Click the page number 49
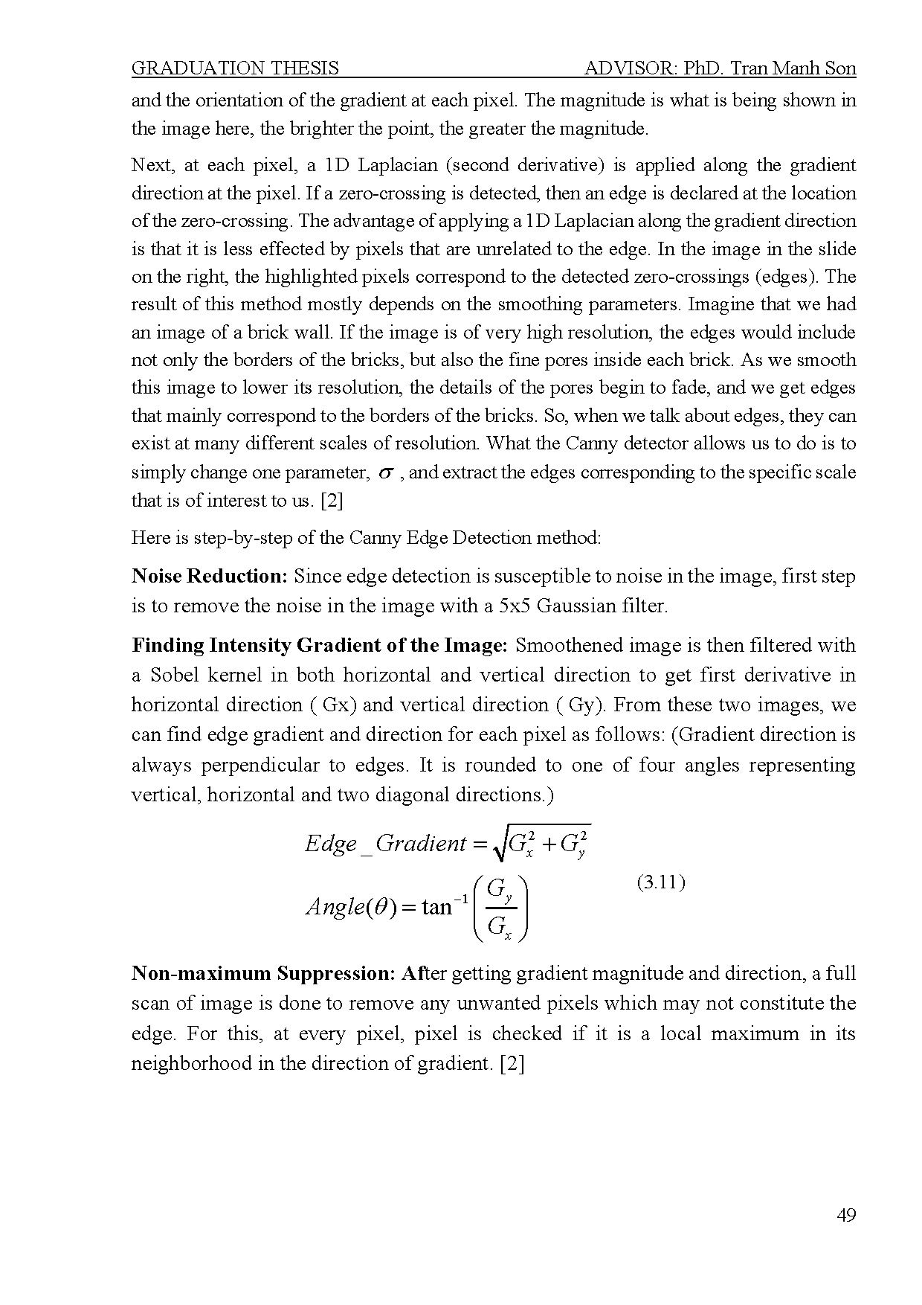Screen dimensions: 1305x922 coord(846,1216)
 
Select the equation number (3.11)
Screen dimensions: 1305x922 coord(661,882)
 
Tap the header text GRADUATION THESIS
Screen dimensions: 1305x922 coord(235,68)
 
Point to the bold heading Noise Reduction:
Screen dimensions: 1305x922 coord(210,576)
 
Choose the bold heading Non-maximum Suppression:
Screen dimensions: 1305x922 coord(263,973)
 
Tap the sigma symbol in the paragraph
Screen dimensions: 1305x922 coord(385,473)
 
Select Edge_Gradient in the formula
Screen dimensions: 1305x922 coord(385,844)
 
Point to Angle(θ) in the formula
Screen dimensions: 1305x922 coord(349,907)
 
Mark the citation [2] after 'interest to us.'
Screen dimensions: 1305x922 coord(331,501)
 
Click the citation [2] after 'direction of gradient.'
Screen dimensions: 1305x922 coord(512,1063)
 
